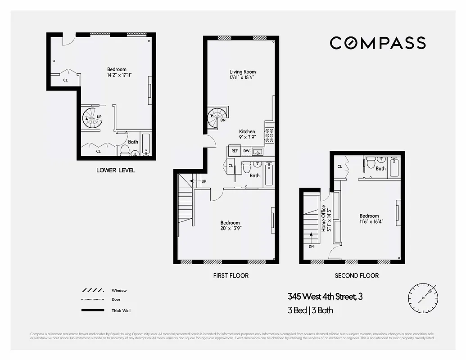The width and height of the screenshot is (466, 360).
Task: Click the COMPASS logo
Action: pos(377,43)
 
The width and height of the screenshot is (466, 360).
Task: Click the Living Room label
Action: pos(242,72)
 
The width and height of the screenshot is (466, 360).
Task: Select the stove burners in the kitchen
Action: pos(269,135)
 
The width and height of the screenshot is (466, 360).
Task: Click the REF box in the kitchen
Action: pos(234,151)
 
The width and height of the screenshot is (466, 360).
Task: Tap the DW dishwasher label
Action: pos(246,151)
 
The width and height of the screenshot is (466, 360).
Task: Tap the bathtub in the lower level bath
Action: pos(146,144)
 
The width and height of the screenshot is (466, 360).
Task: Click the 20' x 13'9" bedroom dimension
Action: pos(230,228)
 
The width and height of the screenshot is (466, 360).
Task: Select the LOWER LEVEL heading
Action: pos(116,170)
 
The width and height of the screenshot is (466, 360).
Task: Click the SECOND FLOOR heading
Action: pos(357,275)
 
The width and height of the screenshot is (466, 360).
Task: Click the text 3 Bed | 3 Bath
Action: pos(310,310)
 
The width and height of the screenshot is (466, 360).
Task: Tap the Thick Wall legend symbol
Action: pos(93,310)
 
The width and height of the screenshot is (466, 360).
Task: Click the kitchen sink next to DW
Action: pos(258,151)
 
